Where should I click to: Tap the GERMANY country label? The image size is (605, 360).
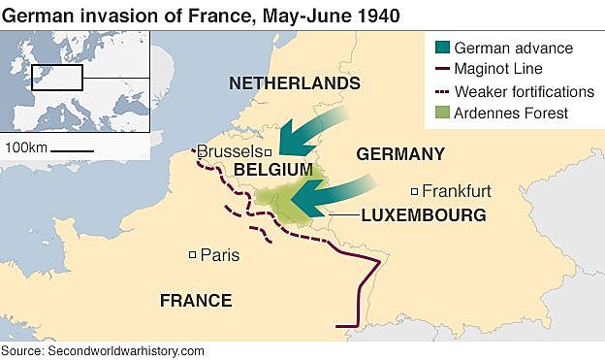tap(400, 154)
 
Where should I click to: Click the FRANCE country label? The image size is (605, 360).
tap(195, 300)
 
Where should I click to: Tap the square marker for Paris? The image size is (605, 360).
tap(192, 255)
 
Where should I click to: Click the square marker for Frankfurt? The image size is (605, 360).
tap(414, 191)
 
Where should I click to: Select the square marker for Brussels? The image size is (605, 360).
tap(269, 152)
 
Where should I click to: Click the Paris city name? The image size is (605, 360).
tap(219, 255)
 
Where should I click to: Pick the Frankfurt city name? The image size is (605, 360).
tap(458, 190)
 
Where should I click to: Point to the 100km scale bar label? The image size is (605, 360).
tap(26, 147)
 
